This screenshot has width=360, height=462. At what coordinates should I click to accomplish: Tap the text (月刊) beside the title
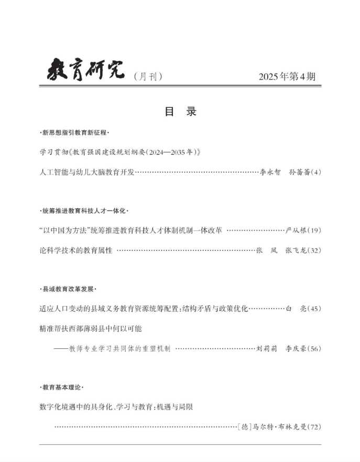coord(148,76)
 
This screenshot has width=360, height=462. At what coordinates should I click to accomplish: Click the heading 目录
coord(180,112)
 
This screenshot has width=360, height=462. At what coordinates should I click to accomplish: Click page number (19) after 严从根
coord(314,230)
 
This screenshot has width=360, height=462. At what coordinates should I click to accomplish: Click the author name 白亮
coord(294,309)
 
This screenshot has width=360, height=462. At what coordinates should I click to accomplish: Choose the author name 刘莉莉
coord(267,348)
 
